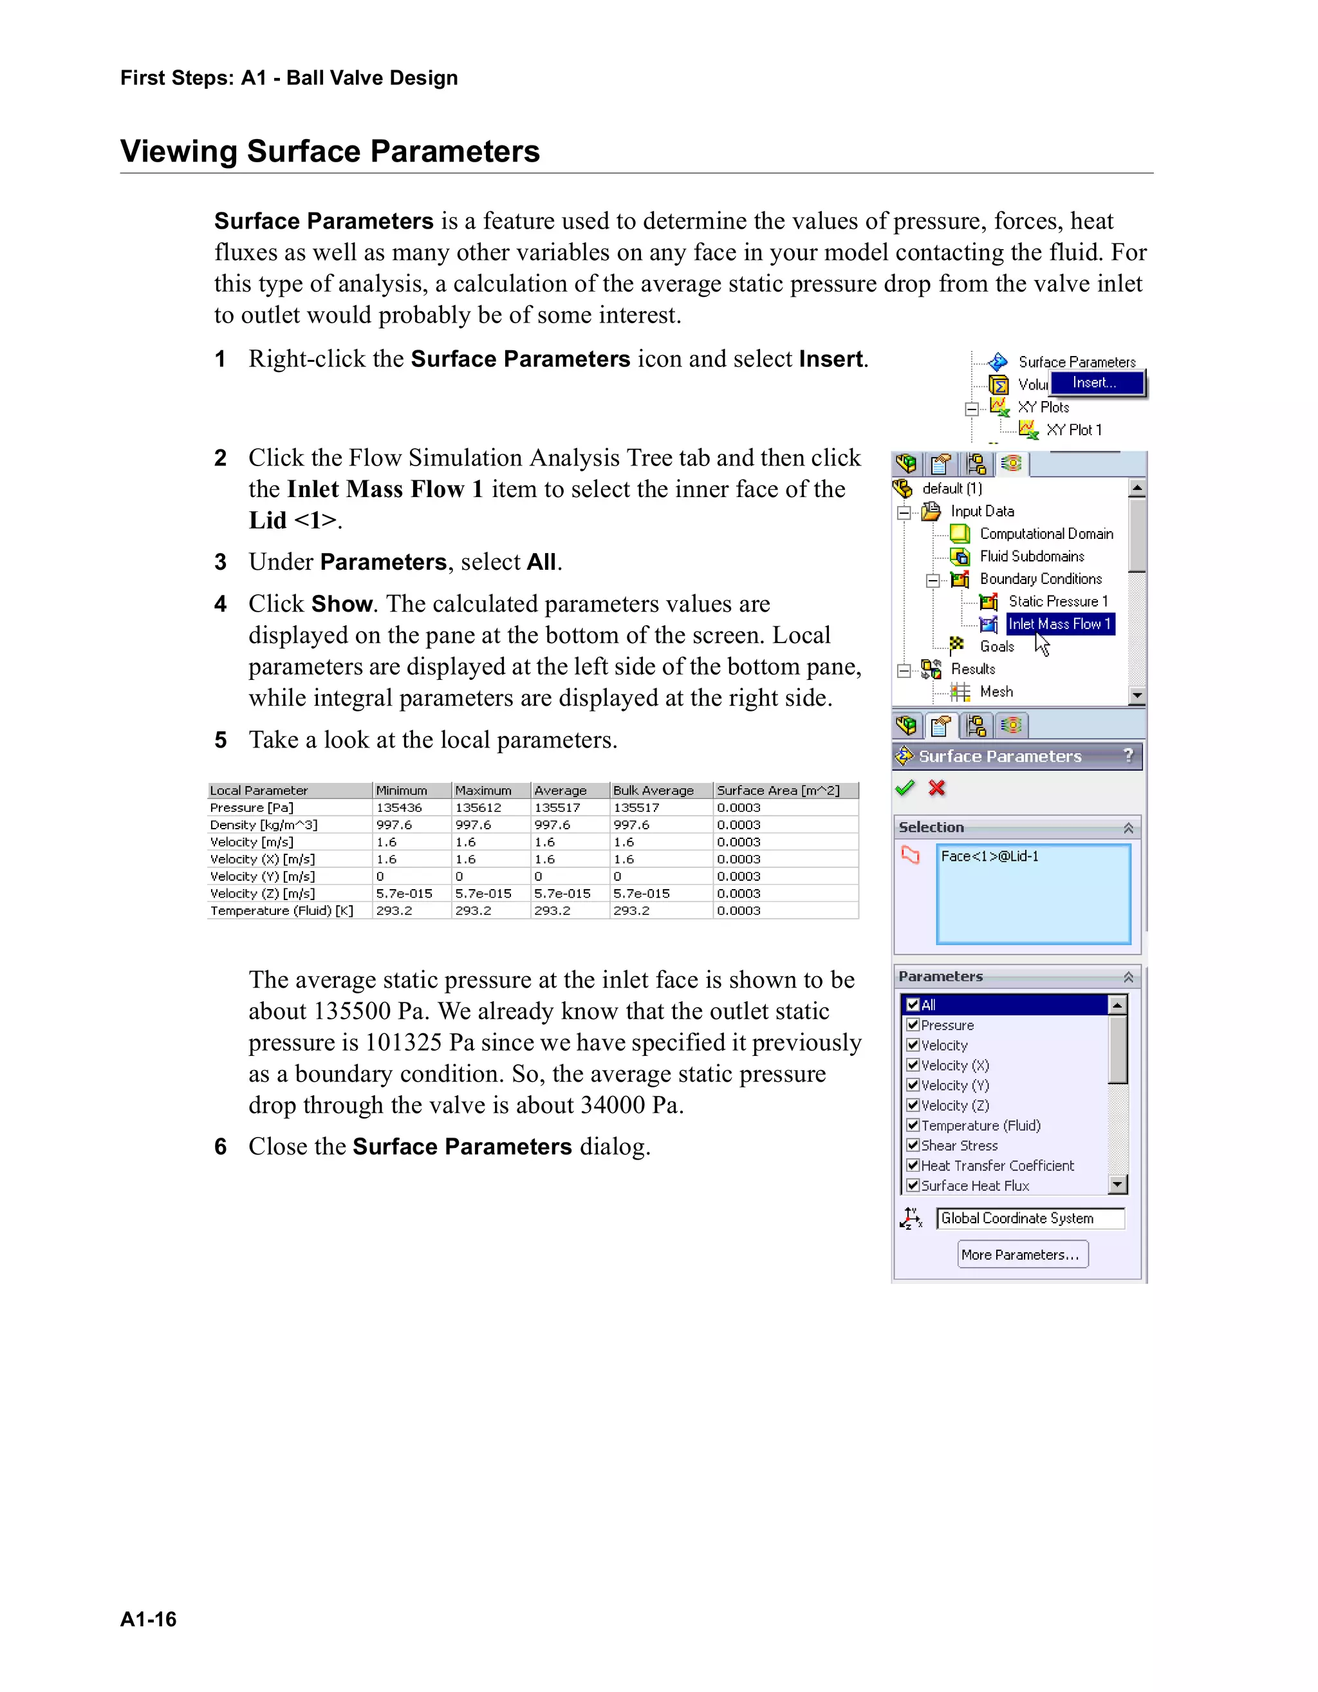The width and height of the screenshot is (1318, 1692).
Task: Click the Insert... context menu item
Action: pos(1094,382)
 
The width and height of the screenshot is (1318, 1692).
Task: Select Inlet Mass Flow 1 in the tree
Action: pos(1059,625)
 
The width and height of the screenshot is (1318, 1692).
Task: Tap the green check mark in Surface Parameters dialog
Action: pos(904,789)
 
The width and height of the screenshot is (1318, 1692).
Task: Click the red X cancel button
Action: pos(937,789)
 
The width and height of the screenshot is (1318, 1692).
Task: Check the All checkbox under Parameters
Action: pos(913,1005)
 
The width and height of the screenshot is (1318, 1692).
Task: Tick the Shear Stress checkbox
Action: pos(913,1145)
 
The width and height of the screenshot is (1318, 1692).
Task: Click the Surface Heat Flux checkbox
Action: pos(913,1185)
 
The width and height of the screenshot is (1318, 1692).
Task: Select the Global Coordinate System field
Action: pos(1030,1219)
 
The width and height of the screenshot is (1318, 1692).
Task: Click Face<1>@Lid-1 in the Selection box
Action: pos(990,856)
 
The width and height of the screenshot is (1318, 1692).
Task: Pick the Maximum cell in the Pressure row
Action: pos(478,808)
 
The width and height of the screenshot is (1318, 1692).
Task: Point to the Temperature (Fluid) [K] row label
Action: pos(281,911)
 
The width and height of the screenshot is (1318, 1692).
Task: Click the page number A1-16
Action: pos(148,1619)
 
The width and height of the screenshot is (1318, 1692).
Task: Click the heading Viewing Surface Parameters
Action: pos(330,151)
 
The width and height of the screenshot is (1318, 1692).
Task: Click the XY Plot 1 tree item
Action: pos(1073,430)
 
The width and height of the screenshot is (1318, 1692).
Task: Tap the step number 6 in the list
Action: pos(221,1147)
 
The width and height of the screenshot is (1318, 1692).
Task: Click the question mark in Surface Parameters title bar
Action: pos(1128,755)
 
